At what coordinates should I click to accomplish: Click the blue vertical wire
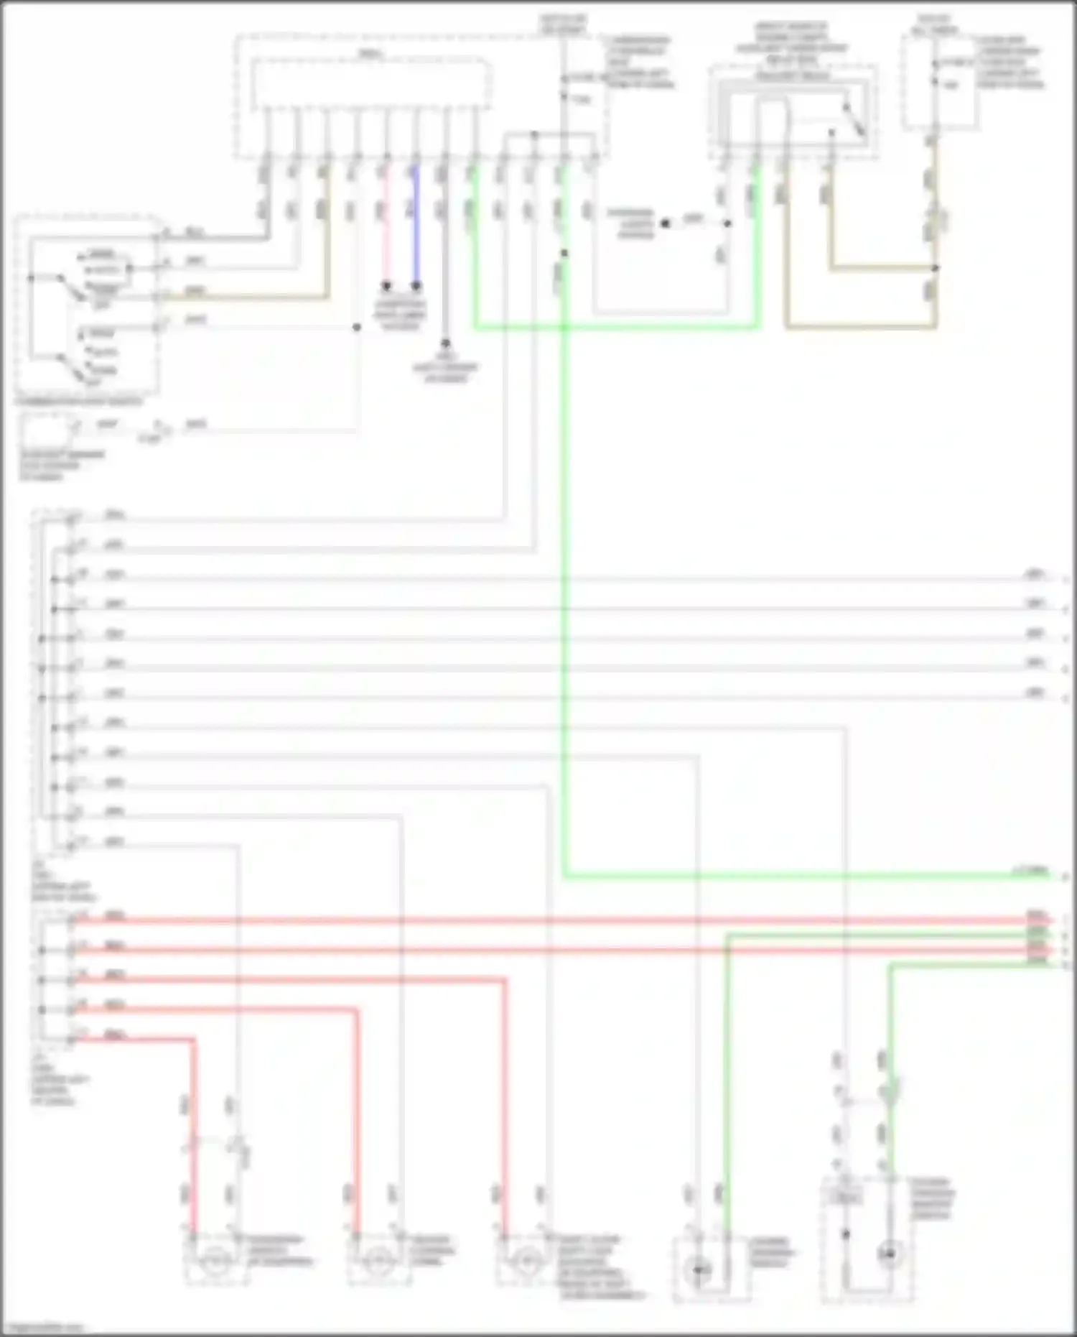pyautogui.click(x=416, y=230)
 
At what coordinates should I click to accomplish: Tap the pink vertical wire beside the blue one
pyautogui.click(x=386, y=230)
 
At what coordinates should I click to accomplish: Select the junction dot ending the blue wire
pyautogui.click(x=416, y=286)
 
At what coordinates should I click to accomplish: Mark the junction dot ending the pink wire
pyautogui.click(x=386, y=286)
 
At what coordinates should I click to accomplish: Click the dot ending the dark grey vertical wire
pyautogui.click(x=445, y=343)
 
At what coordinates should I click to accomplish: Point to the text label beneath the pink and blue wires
pyautogui.click(x=400, y=314)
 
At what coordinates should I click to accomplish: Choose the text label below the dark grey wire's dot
pyautogui.click(x=445, y=367)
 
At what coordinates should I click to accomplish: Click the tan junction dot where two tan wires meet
pyautogui.click(x=935, y=268)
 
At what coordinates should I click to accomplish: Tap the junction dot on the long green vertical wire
pyautogui.click(x=564, y=253)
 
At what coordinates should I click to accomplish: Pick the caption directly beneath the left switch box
pyautogui.click(x=79, y=402)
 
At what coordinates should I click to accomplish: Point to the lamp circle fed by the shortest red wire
pyautogui.click(x=215, y=1260)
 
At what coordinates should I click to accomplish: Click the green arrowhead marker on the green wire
pyautogui.click(x=890, y=1093)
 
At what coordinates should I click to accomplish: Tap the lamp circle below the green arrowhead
pyautogui.click(x=890, y=1254)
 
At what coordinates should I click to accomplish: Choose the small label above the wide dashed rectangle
pyautogui.click(x=370, y=53)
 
